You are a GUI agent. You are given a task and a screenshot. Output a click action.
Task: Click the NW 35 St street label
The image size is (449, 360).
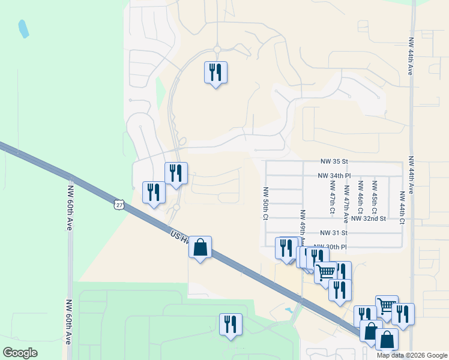pos(335,162)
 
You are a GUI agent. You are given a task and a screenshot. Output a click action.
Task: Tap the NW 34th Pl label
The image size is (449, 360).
pos(334,176)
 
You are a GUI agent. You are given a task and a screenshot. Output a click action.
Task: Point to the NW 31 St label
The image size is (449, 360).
pos(334,233)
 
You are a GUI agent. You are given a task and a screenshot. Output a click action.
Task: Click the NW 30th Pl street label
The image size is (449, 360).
pos(334,247)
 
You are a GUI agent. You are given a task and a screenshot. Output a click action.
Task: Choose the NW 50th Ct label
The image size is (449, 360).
pos(265,203)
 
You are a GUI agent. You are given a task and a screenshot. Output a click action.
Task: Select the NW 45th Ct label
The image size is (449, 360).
pos(374,197)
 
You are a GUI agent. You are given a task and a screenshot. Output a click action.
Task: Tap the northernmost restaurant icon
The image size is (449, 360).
pos(215,72)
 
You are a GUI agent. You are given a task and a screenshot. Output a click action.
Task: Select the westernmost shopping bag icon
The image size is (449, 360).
pos(200,247)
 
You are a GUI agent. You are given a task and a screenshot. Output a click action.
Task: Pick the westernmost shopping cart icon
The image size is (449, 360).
pos(326,272)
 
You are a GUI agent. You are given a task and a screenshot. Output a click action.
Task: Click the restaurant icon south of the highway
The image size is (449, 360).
pos(231,324)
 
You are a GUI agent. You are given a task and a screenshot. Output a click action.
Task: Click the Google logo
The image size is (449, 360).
pos(20,353)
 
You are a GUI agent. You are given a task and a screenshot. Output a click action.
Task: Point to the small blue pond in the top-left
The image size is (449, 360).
pos(23,28)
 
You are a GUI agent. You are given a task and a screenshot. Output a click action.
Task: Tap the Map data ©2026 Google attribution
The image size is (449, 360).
pos(411,355)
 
